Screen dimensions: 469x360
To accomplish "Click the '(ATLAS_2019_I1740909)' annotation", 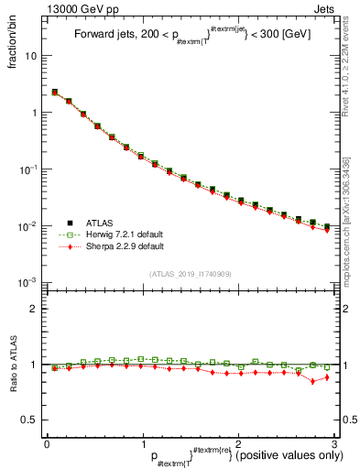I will pos(191,274).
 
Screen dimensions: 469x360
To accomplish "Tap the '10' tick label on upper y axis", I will pos(31,56).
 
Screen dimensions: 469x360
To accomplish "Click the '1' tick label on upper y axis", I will pos(35,113).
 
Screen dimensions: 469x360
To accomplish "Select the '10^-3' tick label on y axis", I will pos(30,283).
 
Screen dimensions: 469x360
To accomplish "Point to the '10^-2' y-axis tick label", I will pos(30,226).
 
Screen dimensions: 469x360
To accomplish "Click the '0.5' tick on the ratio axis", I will pos(31,420).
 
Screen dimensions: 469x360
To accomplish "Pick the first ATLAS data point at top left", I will pos(55,93).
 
